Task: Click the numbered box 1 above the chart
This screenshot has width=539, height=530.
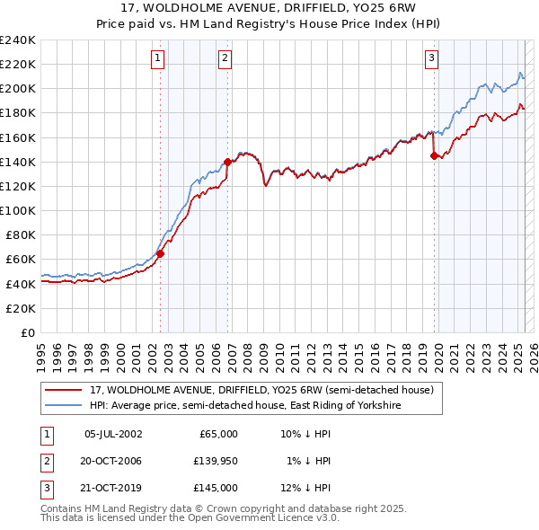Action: [158, 58]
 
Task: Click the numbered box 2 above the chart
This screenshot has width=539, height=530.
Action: [225, 58]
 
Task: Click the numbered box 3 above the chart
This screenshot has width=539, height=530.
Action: [431, 58]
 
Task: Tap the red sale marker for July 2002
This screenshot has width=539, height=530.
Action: [161, 253]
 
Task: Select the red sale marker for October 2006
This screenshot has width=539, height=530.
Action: [228, 163]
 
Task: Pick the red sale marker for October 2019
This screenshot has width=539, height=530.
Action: [435, 155]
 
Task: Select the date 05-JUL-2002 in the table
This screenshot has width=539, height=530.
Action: [113, 434]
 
